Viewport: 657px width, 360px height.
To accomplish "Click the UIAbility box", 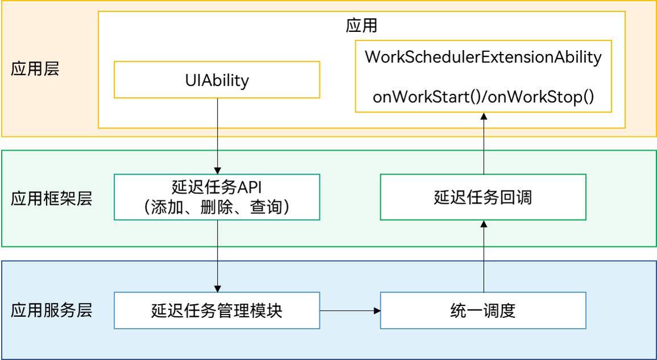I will (217, 80).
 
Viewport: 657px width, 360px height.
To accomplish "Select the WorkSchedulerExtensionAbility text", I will (483, 57).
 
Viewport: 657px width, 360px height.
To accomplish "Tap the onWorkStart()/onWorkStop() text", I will (483, 97).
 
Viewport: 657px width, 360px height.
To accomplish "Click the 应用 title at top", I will (361, 26).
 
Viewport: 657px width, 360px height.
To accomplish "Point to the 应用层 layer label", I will (35, 69).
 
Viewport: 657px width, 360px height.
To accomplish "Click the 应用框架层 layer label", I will (51, 198).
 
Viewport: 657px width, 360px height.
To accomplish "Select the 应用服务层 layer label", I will (51, 310).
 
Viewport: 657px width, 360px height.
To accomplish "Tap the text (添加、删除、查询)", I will (217, 207).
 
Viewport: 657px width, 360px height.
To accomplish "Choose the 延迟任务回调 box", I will (483, 197).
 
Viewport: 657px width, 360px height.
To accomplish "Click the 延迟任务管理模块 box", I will (217, 311).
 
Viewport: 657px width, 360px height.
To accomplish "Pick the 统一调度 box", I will (483, 311).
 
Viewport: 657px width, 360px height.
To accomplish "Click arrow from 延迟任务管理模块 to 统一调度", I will (349, 311).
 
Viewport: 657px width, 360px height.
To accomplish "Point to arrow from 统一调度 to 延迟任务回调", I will (484, 256).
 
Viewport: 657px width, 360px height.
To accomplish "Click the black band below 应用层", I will (328, 143).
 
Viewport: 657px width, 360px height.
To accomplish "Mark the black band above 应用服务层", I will (328, 254).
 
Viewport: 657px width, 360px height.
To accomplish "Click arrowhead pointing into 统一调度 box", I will (376, 311).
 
